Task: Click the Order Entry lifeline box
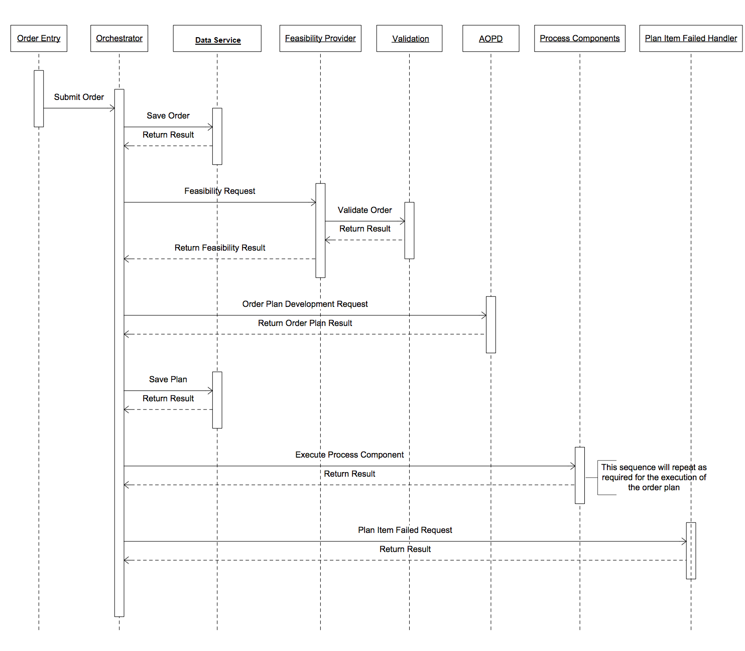point(39,38)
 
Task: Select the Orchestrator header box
point(119,38)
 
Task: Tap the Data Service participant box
point(217,38)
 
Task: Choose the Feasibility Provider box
point(320,38)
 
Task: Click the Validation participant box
point(409,38)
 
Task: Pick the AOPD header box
point(491,38)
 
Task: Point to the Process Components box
point(580,38)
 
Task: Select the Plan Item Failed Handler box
point(691,38)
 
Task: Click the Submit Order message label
point(79,97)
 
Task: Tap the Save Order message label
point(168,116)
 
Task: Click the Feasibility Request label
point(219,191)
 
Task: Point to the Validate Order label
point(365,210)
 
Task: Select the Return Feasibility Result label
point(219,248)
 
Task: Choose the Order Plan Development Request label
point(305,304)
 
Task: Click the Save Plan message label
point(168,379)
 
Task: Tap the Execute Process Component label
point(349,455)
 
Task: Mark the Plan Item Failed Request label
point(405,530)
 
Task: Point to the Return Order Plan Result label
point(305,323)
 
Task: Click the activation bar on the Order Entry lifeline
point(39,99)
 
